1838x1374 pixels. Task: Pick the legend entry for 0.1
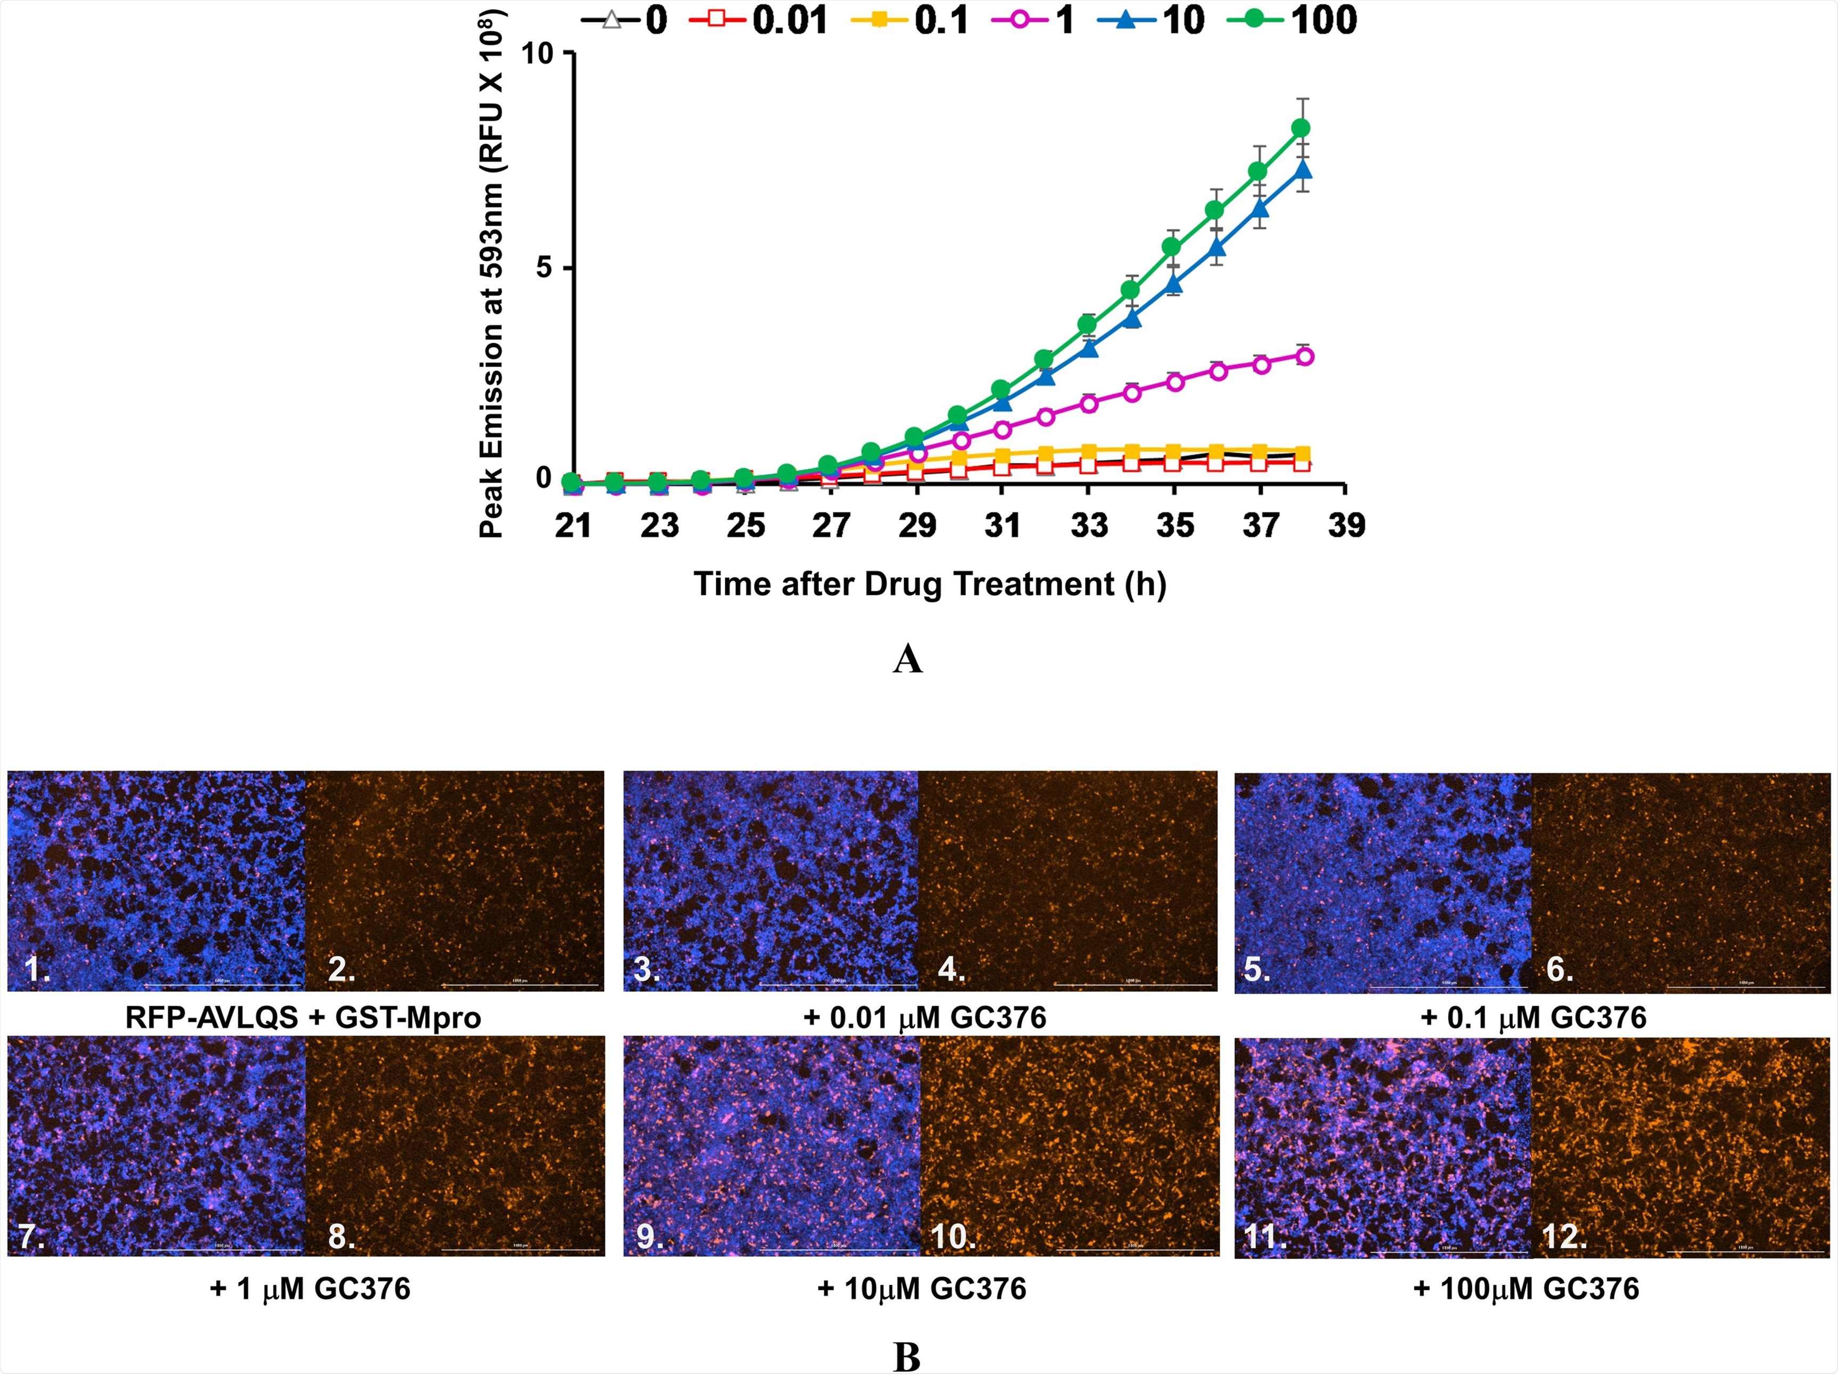coord(910,20)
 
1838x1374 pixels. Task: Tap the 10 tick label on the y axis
coord(537,53)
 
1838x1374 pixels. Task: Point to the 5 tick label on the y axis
coord(545,268)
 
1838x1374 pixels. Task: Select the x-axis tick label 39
coord(1346,525)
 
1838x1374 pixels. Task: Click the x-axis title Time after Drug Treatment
coord(930,584)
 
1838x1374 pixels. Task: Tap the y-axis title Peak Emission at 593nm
coord(491,274)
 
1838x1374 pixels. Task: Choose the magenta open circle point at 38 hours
coord(1305,357)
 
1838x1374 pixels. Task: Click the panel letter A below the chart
coord(907,659)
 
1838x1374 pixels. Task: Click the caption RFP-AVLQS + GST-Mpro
coord(303,1017)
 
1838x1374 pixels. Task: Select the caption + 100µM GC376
coord(1526,1288)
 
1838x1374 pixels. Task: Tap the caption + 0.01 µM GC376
coord(925,1017)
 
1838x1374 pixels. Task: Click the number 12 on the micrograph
coord(1564,1237)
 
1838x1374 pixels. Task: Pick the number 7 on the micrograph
coord(29,1237)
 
